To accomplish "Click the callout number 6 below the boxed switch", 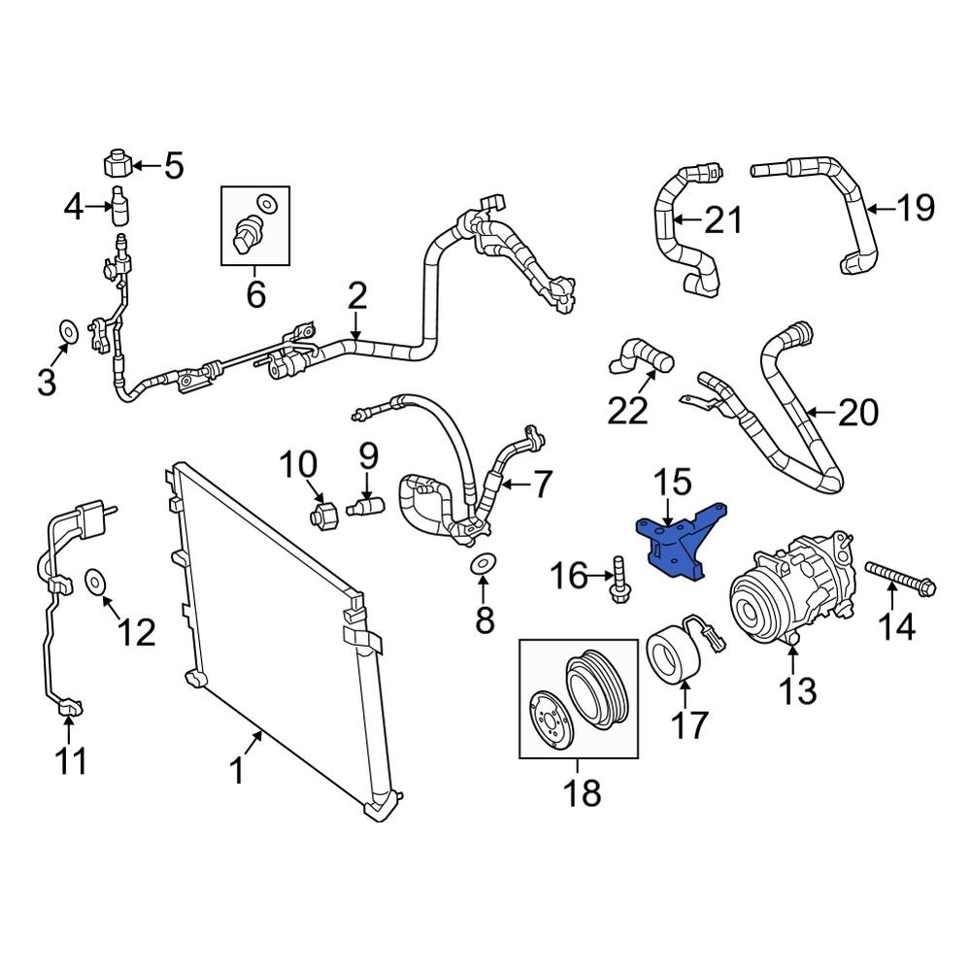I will point(255,292).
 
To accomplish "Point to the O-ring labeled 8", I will point(483,563).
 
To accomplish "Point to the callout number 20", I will point(856,413).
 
